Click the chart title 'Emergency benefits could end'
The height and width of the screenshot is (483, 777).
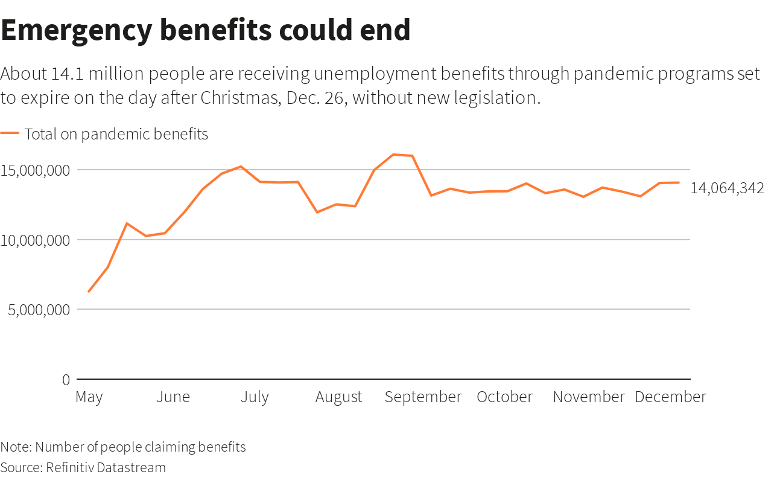click(206, 30)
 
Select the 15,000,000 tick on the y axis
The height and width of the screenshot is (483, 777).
click(36, 170)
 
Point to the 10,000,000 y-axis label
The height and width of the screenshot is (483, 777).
click(36, 240)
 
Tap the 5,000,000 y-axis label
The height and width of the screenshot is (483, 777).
click(36, 310)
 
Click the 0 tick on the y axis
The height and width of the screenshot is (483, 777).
click(66, 380)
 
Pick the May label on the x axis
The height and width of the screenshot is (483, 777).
click(89, 397)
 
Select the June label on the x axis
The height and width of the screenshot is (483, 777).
click(173, 397)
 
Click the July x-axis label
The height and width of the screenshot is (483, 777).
click(255, 397)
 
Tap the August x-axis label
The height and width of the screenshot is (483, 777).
click(338, 397)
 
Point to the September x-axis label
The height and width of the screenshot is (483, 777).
click(423, 397)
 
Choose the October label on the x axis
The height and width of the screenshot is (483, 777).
click(504, 397)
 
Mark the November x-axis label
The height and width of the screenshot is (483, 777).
click(589, 397)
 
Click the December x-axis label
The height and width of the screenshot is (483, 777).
click(670, 397)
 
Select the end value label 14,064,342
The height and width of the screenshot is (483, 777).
click(727, 188)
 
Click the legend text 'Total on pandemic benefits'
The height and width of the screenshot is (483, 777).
click(116, 134)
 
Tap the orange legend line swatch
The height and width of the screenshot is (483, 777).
click(10, 133)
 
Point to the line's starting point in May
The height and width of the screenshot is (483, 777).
click(89, 292)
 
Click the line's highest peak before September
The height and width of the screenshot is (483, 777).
click(393, 155)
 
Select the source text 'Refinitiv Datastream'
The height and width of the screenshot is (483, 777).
click(106, 467)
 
